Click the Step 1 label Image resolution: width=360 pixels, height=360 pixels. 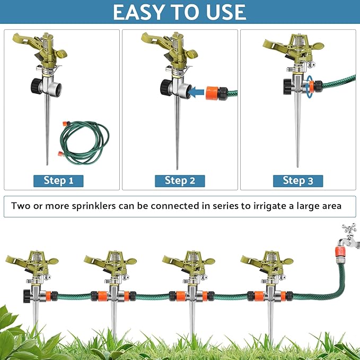58,180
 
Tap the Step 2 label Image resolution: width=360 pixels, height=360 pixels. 180,180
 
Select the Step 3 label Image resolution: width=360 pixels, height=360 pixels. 297,180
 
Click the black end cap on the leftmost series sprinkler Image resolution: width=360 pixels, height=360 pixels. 26,295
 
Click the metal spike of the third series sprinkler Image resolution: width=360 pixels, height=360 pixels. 192,323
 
